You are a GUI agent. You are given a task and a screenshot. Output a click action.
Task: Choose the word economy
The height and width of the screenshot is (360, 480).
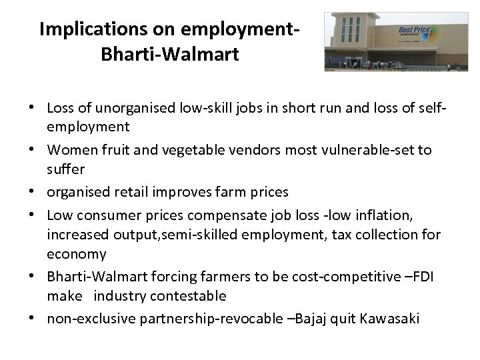[76, 254]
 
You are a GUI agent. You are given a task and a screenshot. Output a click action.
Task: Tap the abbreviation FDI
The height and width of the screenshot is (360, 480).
[421, 276]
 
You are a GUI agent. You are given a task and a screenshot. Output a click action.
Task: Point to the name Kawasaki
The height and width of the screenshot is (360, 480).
[391, 319]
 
